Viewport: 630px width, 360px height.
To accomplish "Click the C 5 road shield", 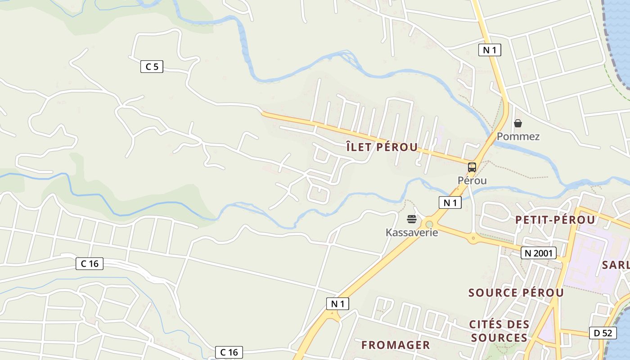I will click(152, 67).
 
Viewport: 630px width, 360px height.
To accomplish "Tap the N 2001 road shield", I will click(539, 253).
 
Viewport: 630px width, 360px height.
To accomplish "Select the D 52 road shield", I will click(603, 333).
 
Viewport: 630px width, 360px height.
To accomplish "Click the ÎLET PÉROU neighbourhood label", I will click(382, 147).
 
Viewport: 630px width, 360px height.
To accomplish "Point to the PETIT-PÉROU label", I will click(555, 220).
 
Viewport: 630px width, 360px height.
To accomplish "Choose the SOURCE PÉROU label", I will click(516, 292).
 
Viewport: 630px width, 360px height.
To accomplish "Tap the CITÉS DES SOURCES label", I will click(499, 331).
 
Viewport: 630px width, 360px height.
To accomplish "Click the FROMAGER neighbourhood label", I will click(396, 345).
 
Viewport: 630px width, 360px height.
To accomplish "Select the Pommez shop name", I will click(518, 136).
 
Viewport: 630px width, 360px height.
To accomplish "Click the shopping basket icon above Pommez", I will click(518, 123).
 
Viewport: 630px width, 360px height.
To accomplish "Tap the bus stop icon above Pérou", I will click(472, 167).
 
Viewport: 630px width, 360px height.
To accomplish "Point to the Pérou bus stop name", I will click(472, 180).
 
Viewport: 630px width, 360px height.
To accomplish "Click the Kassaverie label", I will click(411, 232).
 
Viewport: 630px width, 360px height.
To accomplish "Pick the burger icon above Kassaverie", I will click(411, 219).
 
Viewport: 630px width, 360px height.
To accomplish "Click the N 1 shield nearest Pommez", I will click(489, 50).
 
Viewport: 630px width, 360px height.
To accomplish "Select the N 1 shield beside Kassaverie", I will click(450, 202).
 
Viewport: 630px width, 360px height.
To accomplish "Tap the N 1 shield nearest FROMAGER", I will click(337, 304).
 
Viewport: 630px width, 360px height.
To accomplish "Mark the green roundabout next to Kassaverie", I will click(429, 224).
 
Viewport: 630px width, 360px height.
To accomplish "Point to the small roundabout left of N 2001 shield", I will click(473, 238).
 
